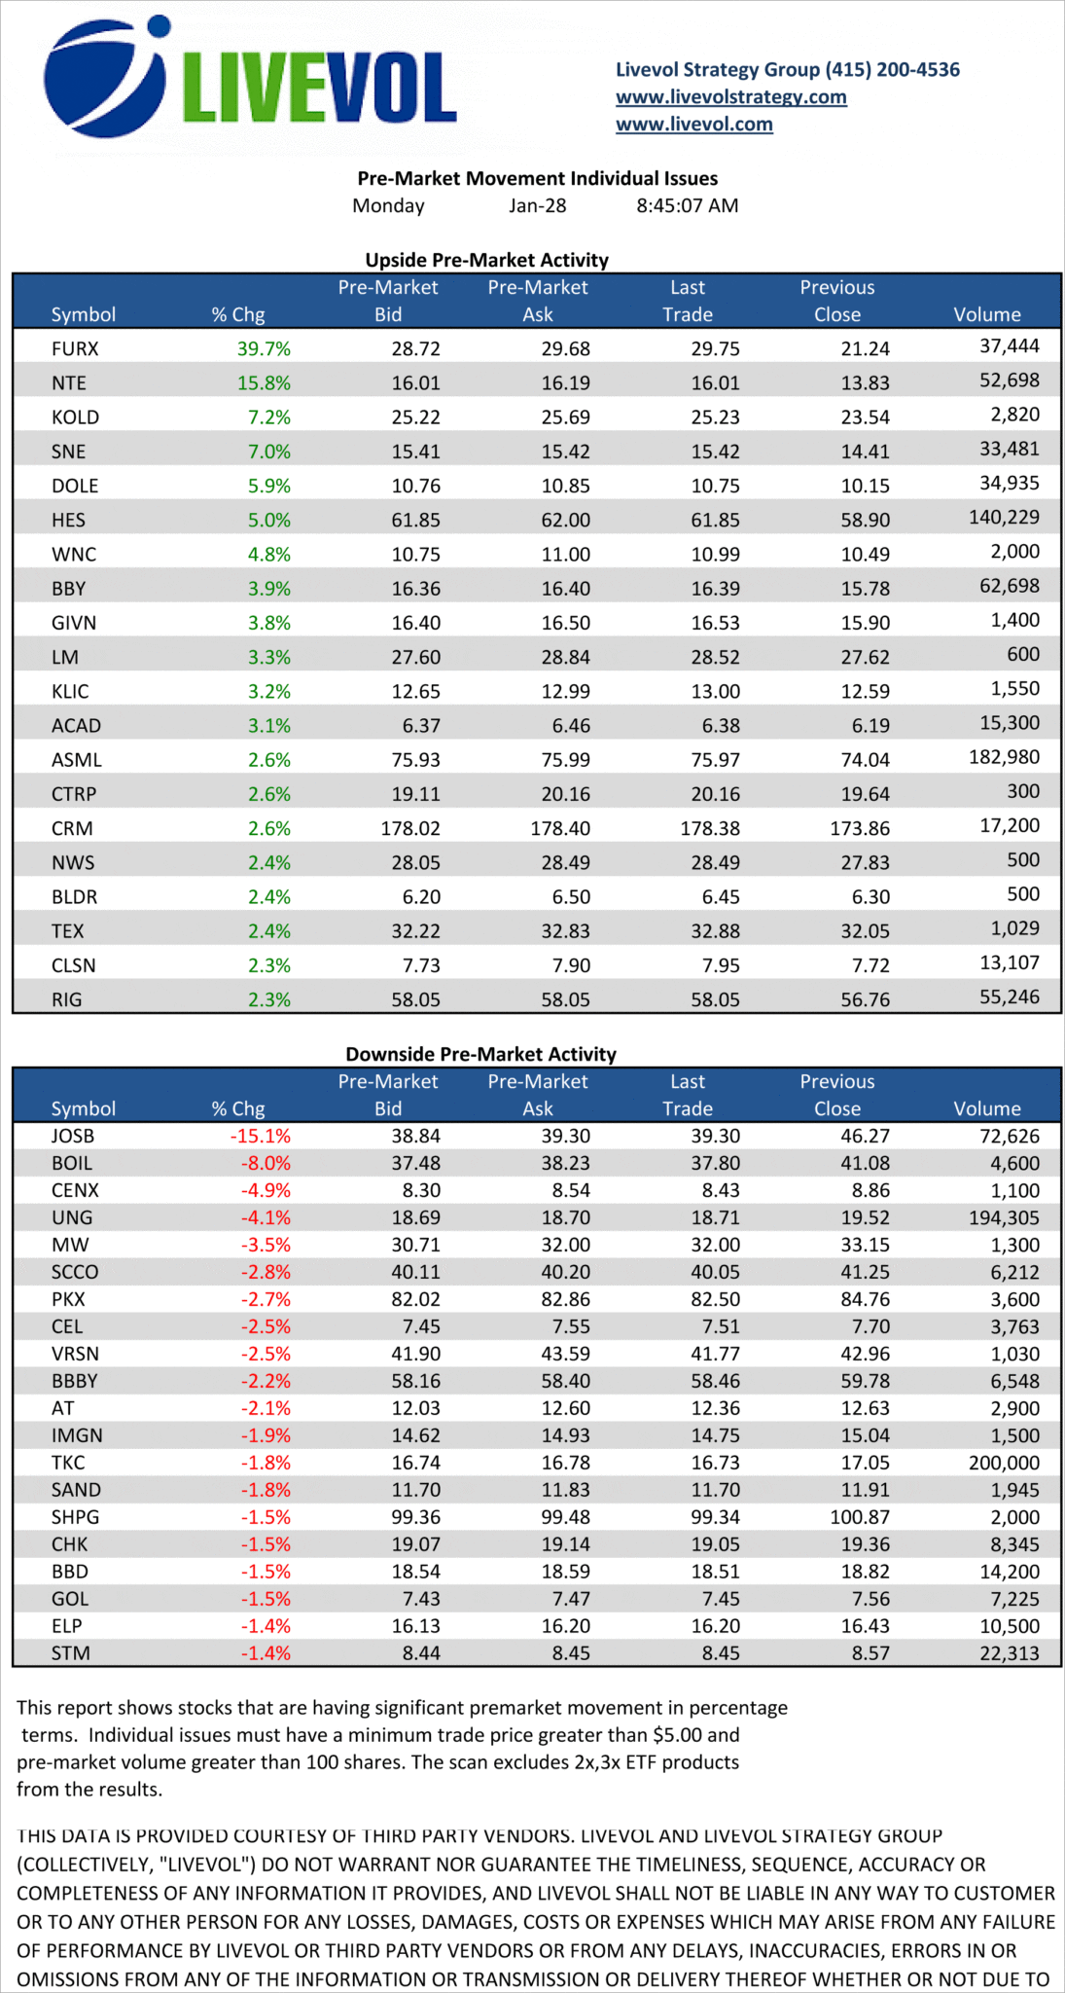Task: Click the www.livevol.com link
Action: [x=693, y=124]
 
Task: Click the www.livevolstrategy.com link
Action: [x=730, y=96]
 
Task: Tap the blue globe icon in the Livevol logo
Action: [x=104, y=77]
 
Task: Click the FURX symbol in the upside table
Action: [x=75, y=348]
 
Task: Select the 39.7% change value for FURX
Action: [x=264, y=348]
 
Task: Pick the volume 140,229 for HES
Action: [x=1004, y=517]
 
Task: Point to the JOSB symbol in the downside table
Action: [x=73, y=1136]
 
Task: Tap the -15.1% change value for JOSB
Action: [x=260, y=1136]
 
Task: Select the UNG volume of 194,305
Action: [x=1004, y=1217]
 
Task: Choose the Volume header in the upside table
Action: [x=987, y=314]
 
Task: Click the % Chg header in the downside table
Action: [x=238, y=1108]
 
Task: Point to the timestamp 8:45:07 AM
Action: [x=687, y=205]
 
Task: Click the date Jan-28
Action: [x=537, y=205]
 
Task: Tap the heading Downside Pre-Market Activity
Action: [x=481, y=1054]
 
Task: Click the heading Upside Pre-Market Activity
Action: [x=486, y=260]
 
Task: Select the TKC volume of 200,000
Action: [x=1004, y=1463]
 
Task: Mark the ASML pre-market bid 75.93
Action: [x=415, y=760]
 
